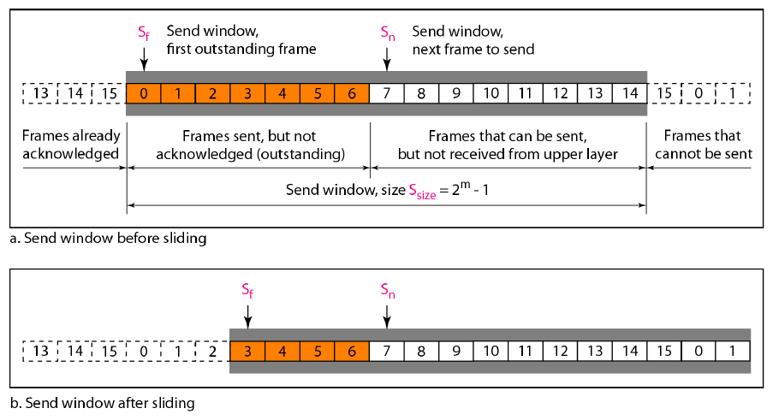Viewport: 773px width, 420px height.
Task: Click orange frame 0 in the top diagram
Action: [143, 92]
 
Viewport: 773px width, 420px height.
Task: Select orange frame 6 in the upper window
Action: [351, 92]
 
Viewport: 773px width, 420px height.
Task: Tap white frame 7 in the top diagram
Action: [387, 92]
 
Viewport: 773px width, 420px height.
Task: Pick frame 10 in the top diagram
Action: [491, 92]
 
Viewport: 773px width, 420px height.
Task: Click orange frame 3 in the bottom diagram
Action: [247, 351]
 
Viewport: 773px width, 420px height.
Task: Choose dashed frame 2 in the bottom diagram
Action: [212, 351]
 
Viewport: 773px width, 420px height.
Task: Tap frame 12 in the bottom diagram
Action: [560, 351]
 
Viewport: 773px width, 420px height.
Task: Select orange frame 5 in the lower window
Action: [317, 351]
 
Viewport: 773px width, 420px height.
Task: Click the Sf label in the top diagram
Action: [143, 33]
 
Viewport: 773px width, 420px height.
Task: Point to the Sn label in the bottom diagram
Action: [387, 292]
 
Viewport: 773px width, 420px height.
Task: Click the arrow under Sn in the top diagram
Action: [387, 58]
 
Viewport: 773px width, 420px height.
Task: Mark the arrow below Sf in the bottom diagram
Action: [247, 316]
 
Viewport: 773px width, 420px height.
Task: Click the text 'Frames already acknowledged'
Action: [71, 145]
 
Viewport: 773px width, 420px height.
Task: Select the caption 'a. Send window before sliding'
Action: [108, 239]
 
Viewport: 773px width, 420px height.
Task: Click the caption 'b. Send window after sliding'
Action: [103, 402]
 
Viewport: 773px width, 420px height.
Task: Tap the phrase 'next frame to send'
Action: [473, 49]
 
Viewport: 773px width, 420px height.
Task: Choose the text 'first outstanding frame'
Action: [241, 49]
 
